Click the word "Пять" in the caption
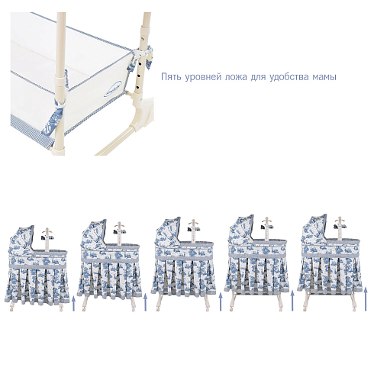(171, 76)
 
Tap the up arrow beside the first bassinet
(74, 303)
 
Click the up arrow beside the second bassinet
(146, 302)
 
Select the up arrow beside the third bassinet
(221, 301)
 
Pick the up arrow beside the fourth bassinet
(292, 301)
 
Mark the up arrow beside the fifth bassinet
(366, 298)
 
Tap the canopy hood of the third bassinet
(168, 231)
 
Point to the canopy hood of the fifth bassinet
(314, 228)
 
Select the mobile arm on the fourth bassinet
(266, 229)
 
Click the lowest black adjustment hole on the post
(137, 88)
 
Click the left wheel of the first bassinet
(11, 308)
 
